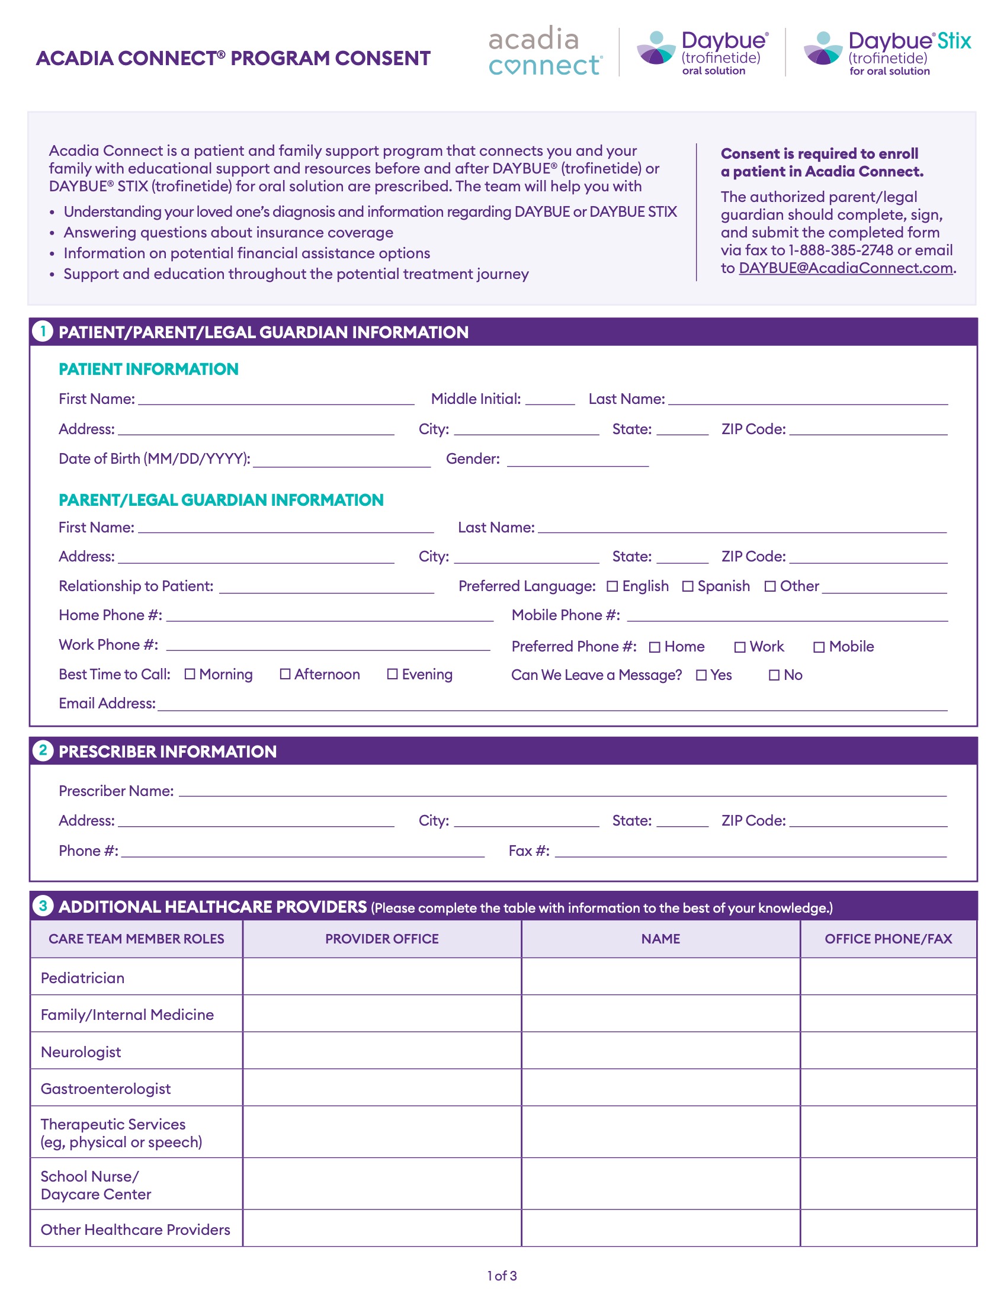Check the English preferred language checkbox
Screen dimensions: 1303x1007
[612, 586]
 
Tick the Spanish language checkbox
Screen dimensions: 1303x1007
[688, 586]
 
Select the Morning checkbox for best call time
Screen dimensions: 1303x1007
[190, 674]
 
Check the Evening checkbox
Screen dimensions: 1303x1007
[393, 674]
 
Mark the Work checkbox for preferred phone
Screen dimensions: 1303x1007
[740, 647]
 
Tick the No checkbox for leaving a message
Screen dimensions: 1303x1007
[774, 675]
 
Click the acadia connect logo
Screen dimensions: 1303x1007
[545, 52]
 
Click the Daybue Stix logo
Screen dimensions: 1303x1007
[887, 53]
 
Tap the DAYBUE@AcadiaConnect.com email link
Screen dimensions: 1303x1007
[845, 268]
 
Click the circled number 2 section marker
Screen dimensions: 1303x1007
[43, 750]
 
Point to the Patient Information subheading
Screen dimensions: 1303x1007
[149, 370]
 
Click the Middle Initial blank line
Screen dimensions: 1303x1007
[550, 400]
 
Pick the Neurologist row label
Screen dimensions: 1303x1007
[81, 1052]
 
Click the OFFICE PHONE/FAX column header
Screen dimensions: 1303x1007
[888, 939]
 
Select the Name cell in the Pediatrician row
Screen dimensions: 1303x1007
[660, 977]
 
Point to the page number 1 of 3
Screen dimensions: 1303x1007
[502, 1276]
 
